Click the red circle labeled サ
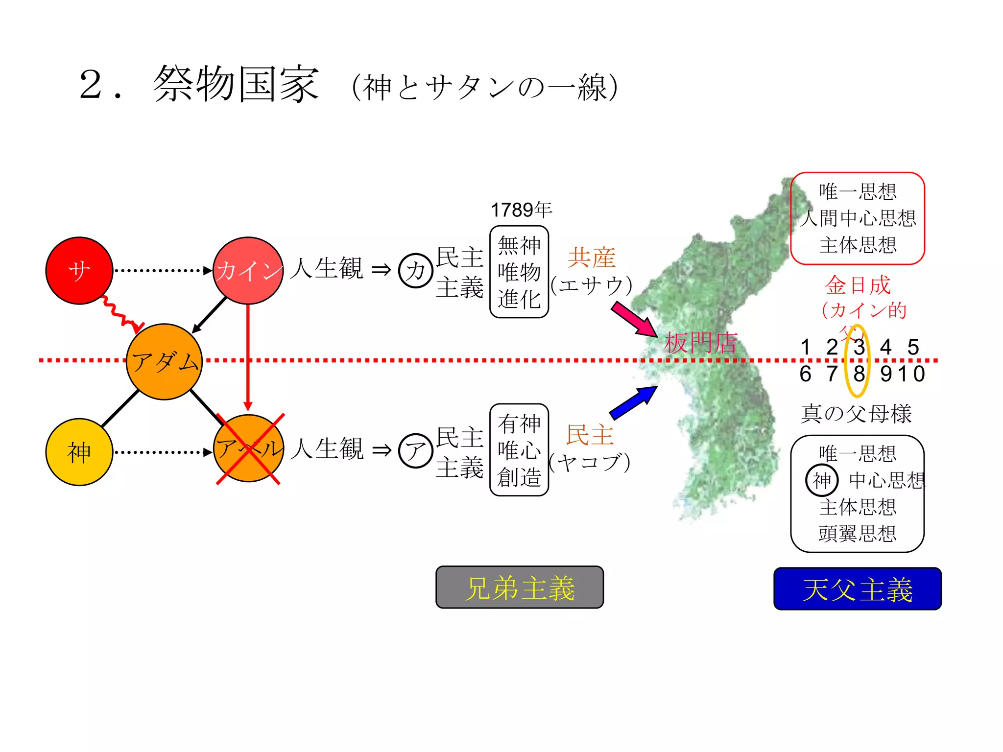tap(79, 271)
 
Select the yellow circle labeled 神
tap(79, 452)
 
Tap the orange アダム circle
tap(165, 362)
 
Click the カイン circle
tap(248, 271)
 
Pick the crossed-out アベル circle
tap(249, 448)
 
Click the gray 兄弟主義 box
tap(520, 587)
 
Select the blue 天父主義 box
tap(858, 589)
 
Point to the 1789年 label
tap(521, 210)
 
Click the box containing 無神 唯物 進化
tap(519, 272)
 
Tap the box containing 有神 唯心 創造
tap(519, 450)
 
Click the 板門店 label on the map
tap(700, 343)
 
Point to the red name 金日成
tap(858, 285)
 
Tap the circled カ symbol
tap(416, 271)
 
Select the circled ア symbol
tap(416, 451)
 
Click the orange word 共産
tap(591, 258)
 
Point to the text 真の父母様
tap(857, 414)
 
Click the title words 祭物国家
tap(237, 84)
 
